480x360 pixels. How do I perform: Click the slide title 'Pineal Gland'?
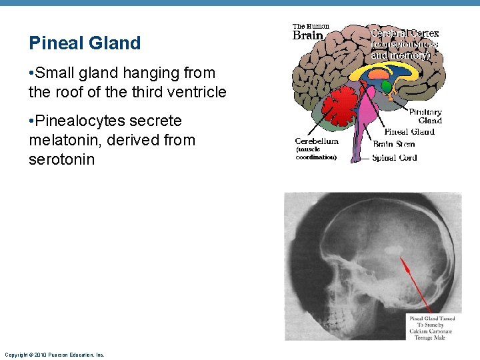coord(85,43)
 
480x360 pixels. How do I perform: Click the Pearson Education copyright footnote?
coord(54,355)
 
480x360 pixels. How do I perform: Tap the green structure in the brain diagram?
coord(386,87)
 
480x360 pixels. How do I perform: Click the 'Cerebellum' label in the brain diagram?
coord(317,141)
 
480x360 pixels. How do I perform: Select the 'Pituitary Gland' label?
coord(425,116)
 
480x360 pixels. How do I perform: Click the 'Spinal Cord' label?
coord(394,158)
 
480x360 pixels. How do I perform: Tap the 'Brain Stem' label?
coord(393,144)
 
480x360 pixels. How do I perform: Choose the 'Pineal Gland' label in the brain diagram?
coord(409,131)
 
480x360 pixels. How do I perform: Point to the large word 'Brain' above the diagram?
coord(308,36)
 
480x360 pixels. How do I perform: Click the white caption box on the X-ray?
coord(430,327)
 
